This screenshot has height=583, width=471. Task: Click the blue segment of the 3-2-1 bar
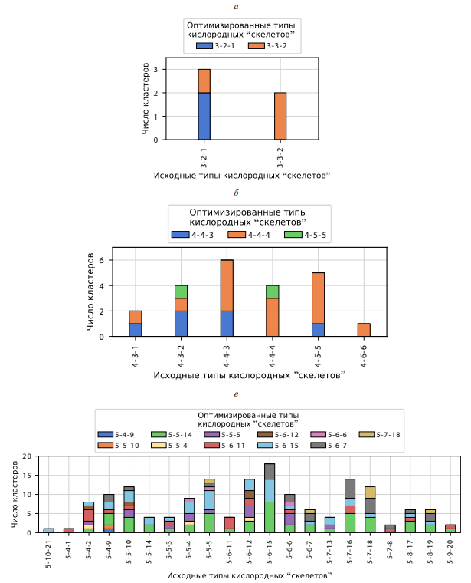[x=204, y=116]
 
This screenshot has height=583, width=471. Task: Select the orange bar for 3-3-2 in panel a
[x=280, y=116]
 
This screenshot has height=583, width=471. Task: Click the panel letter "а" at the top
[x=235, y=6]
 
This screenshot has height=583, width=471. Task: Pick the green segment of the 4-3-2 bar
[x=181, y=291]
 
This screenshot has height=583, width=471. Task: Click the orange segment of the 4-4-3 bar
[x=227, y=285]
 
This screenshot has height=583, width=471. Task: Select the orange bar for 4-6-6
[x=365, y=330]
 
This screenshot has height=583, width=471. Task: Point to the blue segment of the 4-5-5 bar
[x=319, y=330]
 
